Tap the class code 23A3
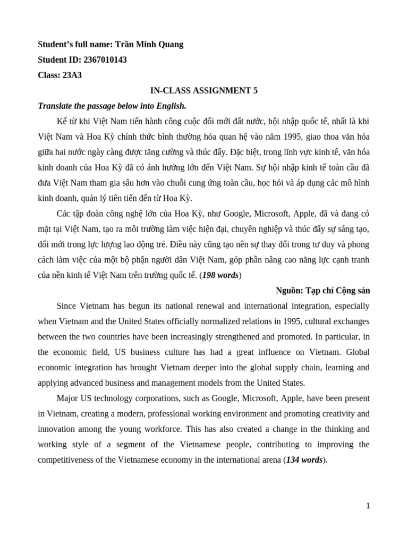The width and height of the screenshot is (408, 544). click(72, 75)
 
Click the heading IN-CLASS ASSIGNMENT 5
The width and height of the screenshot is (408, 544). click(204, 90)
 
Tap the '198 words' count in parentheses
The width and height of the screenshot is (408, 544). click(221, 275)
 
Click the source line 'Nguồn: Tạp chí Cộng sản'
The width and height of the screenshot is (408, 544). click(323, 291)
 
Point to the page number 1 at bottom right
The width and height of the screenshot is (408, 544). click(368, 506)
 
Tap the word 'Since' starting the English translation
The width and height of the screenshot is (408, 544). click(66, 306)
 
